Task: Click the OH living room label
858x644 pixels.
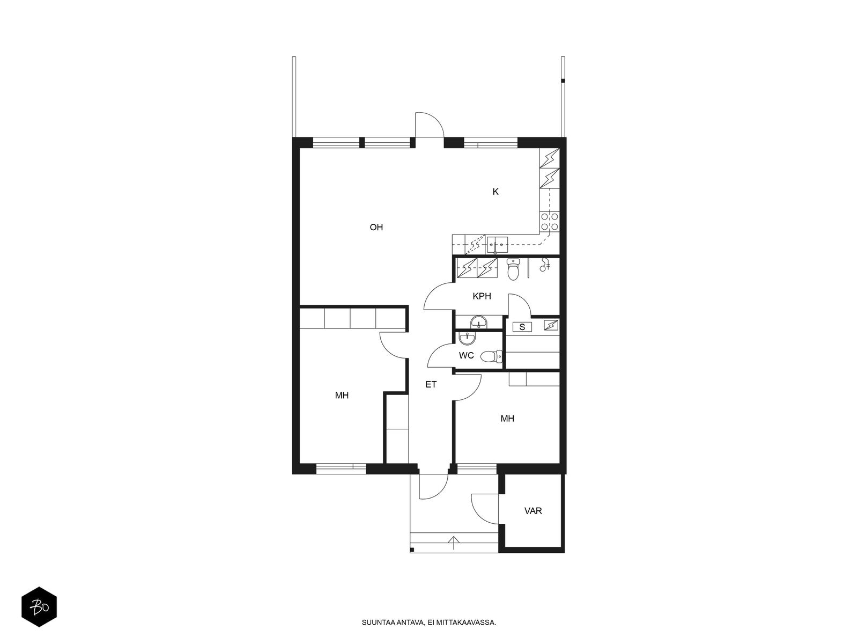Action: coord(376,227)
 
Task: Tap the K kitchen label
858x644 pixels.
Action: coord(495,192)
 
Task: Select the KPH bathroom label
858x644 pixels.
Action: coord(482,296)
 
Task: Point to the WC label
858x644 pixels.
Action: coord(466,355)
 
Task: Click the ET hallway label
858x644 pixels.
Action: coord(431,384)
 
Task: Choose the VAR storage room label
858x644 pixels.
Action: coord(533,511)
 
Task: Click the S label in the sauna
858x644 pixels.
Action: coord(522,327)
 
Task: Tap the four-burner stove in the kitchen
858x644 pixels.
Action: coord(549,221)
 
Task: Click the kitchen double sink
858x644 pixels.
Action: coord(497,245)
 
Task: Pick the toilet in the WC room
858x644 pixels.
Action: coord(491,356)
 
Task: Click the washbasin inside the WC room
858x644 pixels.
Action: coord(467,338)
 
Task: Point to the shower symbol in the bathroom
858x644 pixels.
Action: coord(544,265)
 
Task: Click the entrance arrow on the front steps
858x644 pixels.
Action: coord(453,543)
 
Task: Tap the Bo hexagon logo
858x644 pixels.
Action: coord(39,607)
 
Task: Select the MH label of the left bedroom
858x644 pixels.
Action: coord(342,396)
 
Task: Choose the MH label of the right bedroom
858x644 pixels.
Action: coord(507,419)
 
